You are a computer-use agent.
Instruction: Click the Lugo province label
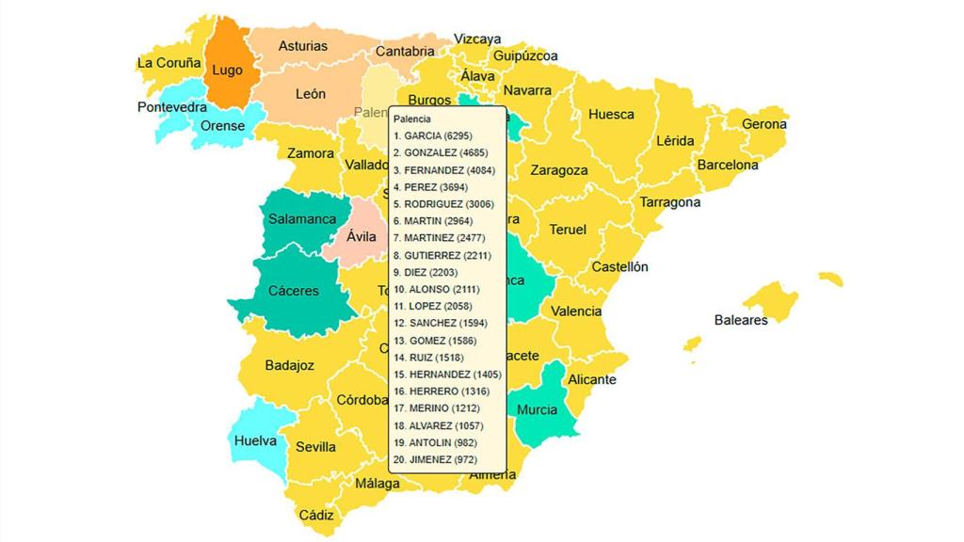coord(227,70)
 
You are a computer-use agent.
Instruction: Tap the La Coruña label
coord(169,63)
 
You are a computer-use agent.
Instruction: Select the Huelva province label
coord(255,440)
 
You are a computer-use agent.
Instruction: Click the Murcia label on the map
coord(537,409)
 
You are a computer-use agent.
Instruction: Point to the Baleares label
coord(741,320)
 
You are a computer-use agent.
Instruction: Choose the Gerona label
coord(764,124)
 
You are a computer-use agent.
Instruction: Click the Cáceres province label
coord(294,291)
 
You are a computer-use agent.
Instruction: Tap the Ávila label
coord(361,236)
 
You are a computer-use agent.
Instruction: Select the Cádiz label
coord(316,515)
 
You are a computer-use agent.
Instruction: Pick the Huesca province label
coord(611,115)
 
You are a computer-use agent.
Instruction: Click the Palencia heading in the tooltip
coord(412,120)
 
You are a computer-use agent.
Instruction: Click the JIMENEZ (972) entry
coord(436,459)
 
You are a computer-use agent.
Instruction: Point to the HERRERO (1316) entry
coord(440,391)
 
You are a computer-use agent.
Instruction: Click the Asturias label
coord(303,46)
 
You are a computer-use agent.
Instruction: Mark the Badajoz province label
coord(289,365)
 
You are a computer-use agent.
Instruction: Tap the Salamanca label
coord(302,219)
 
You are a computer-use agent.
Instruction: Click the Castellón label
coord(619,267)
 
